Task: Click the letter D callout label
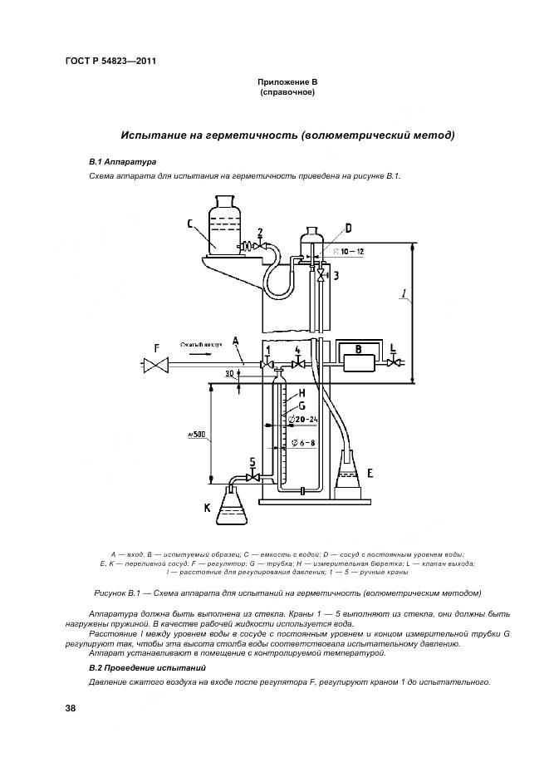pos(348,227)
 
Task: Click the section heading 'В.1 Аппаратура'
pos(121,160)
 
